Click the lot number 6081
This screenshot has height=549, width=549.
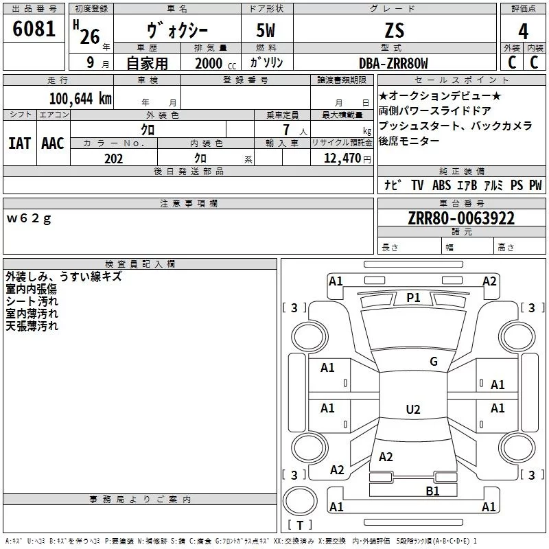34,29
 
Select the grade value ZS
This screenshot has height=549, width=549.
395,30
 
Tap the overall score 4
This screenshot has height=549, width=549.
523,32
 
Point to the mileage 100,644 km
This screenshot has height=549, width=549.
80,99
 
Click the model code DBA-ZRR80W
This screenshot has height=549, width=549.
393,63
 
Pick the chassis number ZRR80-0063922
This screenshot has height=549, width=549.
461,218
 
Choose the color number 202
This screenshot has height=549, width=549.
113,159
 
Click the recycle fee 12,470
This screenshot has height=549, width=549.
342,159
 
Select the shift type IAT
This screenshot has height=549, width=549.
20,143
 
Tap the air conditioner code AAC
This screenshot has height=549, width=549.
53,143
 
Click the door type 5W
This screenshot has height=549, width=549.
266,30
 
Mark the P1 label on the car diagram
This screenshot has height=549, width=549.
413,298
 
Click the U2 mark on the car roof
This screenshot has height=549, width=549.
413,409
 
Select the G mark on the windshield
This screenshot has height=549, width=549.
434,361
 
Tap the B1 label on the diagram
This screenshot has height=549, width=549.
432,491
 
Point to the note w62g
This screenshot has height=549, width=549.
29,218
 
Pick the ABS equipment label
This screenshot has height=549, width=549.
441,185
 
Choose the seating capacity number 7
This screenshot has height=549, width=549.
286,130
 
